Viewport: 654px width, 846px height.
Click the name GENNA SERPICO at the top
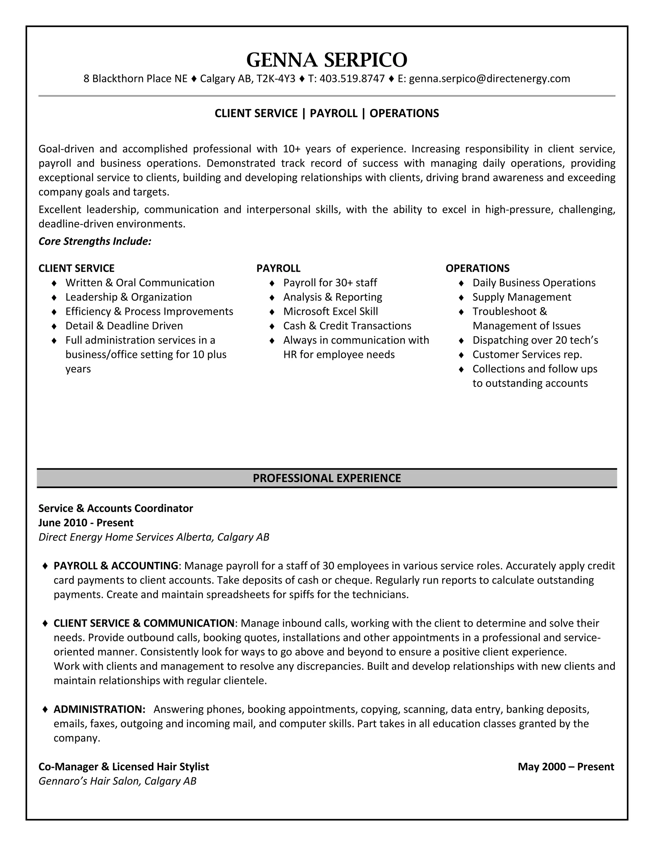pyautogui.click(x=327, y=60)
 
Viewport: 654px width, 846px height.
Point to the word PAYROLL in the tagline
pyautogui.click(x=334, y=113)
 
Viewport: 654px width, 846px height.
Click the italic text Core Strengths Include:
pyautogui.click(x=95, y=241)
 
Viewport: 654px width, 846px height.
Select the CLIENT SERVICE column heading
pyautogui.click(x=76, y=268)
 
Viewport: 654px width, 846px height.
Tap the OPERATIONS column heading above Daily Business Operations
pyautogui.click(x=477, y=268)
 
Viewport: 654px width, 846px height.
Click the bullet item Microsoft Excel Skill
pyautogui.click(x=331, y=312)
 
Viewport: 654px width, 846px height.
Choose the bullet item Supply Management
pyautogui.click(x=521, y=297)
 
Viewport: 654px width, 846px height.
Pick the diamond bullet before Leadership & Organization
pyautogui.click(x=54, y=298)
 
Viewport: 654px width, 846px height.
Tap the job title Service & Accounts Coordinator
pyautogui.click(x=116, y=508)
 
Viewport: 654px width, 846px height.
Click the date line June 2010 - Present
pyautogui.click(x=86, y=523)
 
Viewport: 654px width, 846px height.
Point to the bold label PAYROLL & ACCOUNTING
pyautogui.click(x=116, y=566)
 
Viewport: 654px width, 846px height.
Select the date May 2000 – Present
pyautogui.click(x=566, y=767)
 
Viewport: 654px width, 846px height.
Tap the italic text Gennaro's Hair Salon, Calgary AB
pyautogui.click(x=118, y=781)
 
